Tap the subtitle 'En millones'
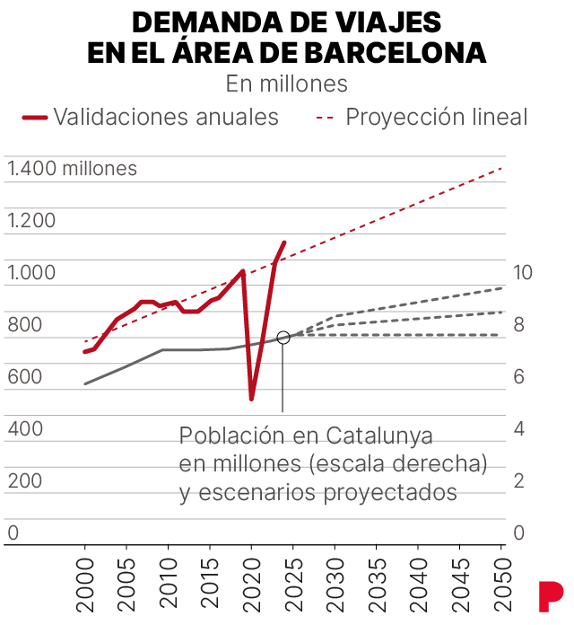(287, 84)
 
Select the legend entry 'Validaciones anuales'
(166, 117)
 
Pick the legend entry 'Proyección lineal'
(437, 117)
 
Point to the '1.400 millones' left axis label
(73, 168)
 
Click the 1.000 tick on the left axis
(31, 273)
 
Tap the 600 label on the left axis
(25, 377)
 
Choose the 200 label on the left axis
(25, 481)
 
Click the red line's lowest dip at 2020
(252, 398)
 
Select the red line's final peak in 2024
(284, 242)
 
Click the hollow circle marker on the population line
(283, 338)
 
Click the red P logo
(550, 594)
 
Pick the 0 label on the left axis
(13, 533)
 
